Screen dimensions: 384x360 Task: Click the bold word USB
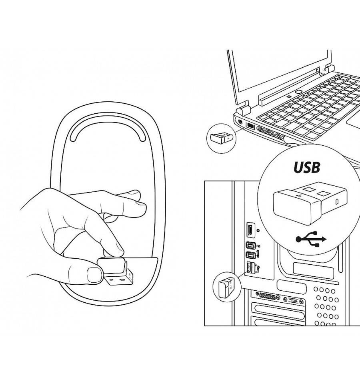307,167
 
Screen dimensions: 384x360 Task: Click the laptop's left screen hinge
243,109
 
